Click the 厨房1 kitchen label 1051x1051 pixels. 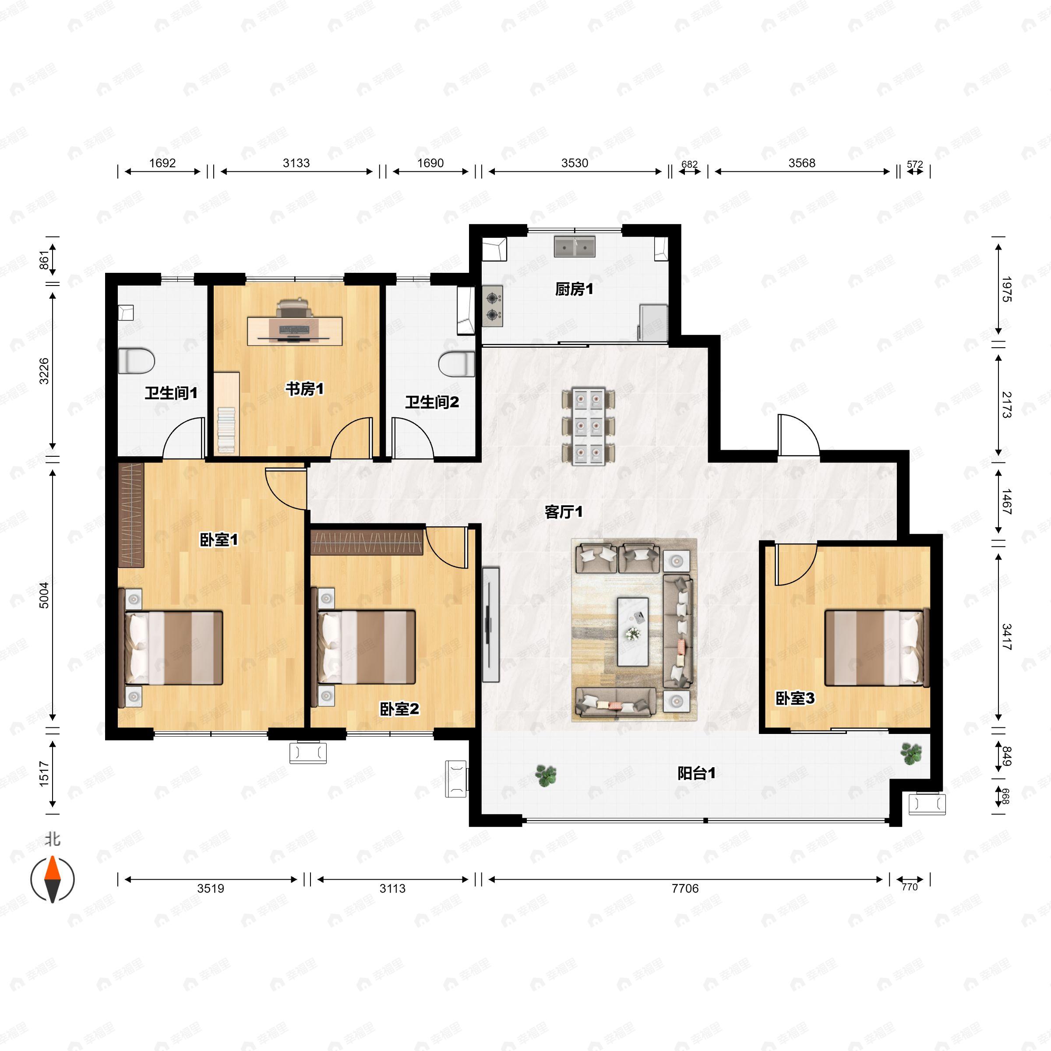pyautogui.click(x=574, y=289)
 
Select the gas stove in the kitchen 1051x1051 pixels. pyautogui.click(x=493, y=306)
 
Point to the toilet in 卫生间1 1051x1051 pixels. pyautogui.click(x=137, y=361)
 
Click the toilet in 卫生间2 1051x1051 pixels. pyautogui.click(x=456, y=364)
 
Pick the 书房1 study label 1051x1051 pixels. pyautogui.click(x=305, y=389)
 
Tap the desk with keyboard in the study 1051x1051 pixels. pyautogui.click(x=295, y=331)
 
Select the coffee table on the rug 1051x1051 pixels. pyautogui.click(x=633, y=631)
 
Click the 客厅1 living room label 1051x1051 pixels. pyautogui.click(x=564, y=512)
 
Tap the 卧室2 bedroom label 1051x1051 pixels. pyautogui.click(x=399, y=709)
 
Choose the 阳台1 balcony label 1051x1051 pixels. pyautogui.click(x=696, y=773)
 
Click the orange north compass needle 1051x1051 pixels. pyautogui.click(x=52, y=868)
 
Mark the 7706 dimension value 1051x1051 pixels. pyautogui.click(x=685, y=889)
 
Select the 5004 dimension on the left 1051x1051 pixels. pyautogui.click(x=44, y=595)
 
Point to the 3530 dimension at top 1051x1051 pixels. pyautogui.click(x=575, y=163)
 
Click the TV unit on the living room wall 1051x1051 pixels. pyautogui.click(x=490, y=624)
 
